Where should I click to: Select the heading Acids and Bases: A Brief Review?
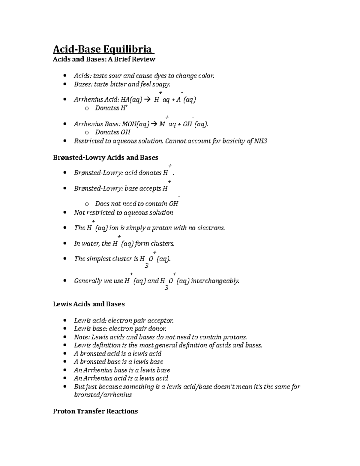pos(104,59)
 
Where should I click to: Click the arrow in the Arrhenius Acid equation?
pos(147,100)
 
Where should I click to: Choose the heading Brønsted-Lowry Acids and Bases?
pos(105,158)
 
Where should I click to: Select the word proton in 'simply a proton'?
pos(162,228)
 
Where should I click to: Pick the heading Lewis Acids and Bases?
pos(88,304)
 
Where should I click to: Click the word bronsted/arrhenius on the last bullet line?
pos(103,395)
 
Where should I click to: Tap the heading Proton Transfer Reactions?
pos(95,411)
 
